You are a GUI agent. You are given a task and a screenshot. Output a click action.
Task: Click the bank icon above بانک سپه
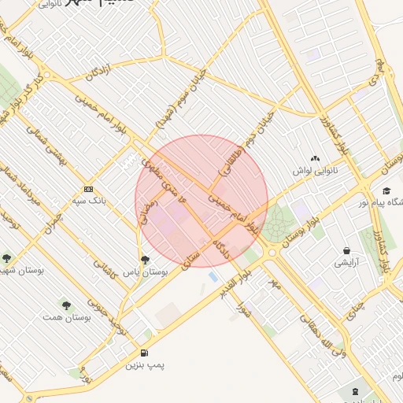[x=88, y=189]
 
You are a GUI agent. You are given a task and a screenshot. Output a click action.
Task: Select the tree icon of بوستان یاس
[x=144, y=258]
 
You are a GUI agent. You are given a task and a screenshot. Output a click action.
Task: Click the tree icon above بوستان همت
[x=65, y=304]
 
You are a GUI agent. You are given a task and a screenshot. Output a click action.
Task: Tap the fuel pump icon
[x=144, y=353]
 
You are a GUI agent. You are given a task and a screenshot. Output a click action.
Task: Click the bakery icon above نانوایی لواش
[x=316, y=160]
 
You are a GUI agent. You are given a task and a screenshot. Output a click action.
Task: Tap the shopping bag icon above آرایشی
[x=346, y=251]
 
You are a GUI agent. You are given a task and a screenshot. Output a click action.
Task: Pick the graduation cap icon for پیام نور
[x=386, y=190]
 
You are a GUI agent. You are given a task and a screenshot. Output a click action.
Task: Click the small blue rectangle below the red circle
[x=213, y=276]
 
